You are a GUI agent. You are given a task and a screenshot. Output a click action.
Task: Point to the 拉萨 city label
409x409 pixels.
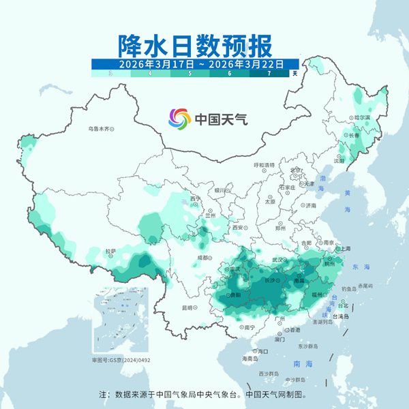point(110,252)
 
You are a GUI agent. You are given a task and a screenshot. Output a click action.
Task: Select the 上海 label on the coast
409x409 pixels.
point(345,249)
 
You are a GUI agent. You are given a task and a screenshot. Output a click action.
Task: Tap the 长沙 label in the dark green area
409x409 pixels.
point(265,280)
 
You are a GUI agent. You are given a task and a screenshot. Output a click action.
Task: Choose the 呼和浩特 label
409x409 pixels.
point(264,165)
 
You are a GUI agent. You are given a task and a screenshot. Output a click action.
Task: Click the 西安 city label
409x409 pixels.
point(238,227)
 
